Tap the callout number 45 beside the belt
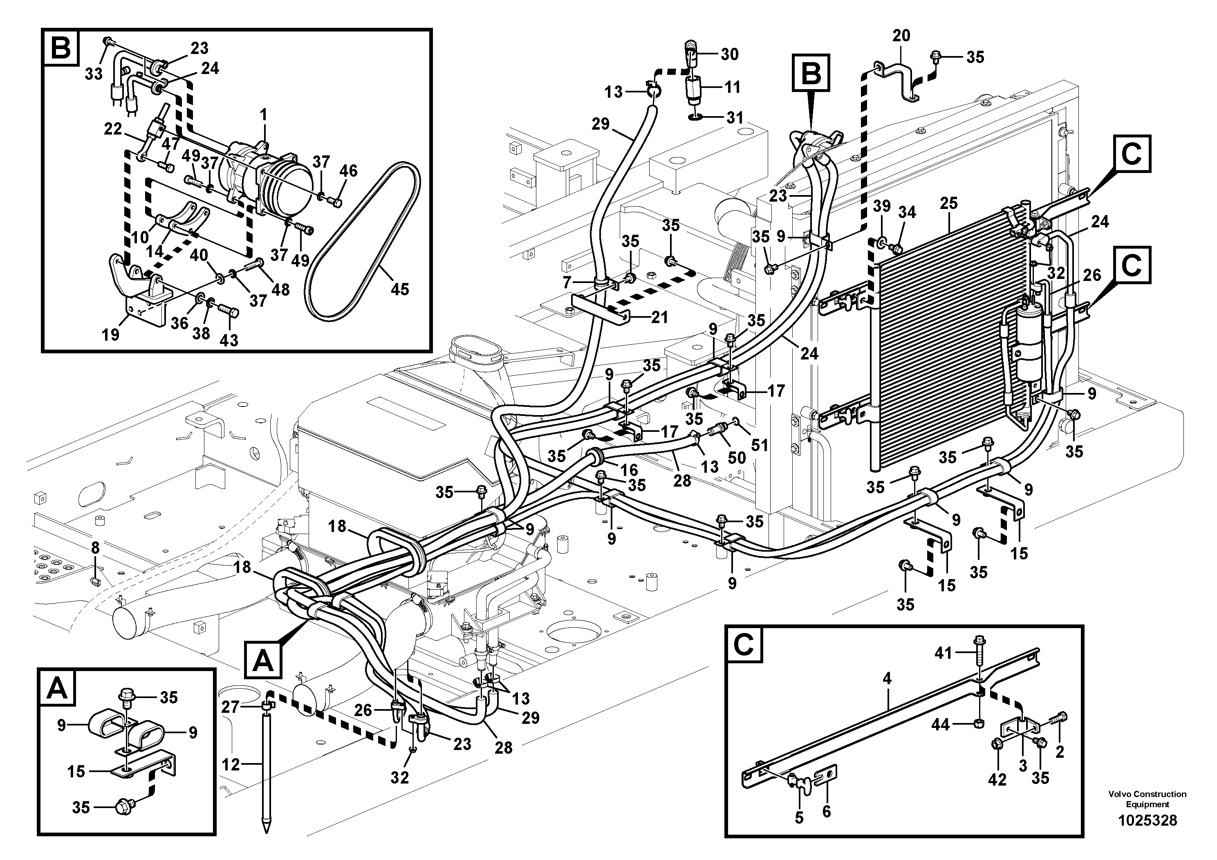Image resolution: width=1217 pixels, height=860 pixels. (x=400, y=289)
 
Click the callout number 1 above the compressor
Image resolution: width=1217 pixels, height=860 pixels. (x=263, y=115)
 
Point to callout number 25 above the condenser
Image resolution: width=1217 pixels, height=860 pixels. (x=949, y=203)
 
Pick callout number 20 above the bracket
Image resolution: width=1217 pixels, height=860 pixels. (x=901, y=36)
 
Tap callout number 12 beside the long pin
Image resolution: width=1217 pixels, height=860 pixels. (x=231, y=765)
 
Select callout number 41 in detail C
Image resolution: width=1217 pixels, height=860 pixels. (x=944, y=654)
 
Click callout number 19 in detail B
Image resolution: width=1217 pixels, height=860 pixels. (x=111, y=335)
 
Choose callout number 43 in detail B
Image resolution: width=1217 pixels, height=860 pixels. (x=229, y=340)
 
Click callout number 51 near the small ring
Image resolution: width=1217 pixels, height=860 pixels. (x=760, y=445)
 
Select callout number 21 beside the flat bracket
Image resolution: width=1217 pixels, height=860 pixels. (x=659, y=318)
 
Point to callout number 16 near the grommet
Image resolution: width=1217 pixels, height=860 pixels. (x=629, y=470)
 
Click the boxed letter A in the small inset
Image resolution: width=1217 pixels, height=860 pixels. (x=57, y=690)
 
